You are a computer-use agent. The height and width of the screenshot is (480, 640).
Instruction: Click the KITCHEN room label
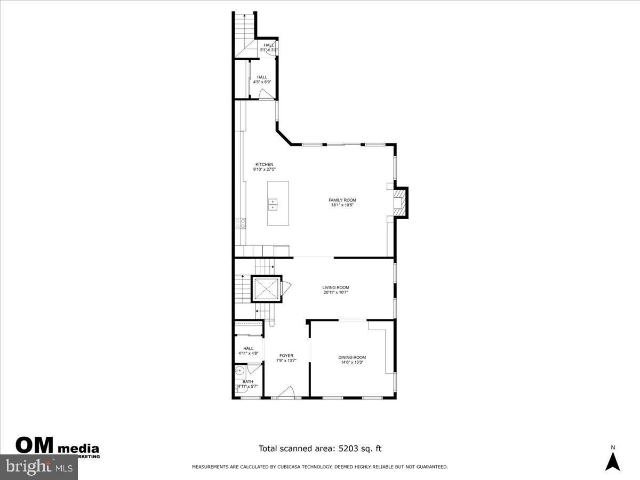[264, 164]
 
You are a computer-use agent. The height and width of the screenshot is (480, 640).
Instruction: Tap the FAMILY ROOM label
[342, 200]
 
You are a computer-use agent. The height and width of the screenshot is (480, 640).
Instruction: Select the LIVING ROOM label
[335, 287]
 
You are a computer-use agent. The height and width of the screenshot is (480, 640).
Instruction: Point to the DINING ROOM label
[352, 357]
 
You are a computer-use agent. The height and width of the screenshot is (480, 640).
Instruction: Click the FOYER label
[286, 356]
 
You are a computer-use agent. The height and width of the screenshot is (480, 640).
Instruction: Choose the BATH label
[248, 381]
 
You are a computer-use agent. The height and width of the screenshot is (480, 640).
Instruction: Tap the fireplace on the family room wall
[398, 202]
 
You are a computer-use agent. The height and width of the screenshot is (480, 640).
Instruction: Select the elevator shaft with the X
[266, 289]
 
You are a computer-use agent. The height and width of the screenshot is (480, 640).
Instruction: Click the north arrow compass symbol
[613, 460]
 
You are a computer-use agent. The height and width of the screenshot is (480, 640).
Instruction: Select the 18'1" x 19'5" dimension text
[342, 205]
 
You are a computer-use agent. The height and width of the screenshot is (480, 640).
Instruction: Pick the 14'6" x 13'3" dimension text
[352, 363]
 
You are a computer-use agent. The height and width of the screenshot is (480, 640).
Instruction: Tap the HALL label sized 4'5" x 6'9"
[262, 77]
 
